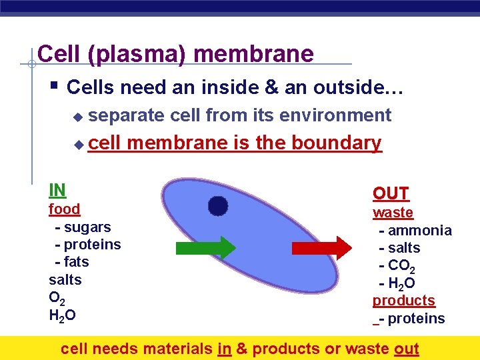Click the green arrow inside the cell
(207, 247)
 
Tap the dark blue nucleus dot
(217, 207)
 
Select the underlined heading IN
(57, 190)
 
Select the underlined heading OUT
(391, 194)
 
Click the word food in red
(64, 209)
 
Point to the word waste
(393, 213)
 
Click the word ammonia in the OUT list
(419, 231)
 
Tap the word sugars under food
(87, 227)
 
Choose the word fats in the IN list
(76, 262)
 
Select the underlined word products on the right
(403, 301)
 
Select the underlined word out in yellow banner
(406, 349)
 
